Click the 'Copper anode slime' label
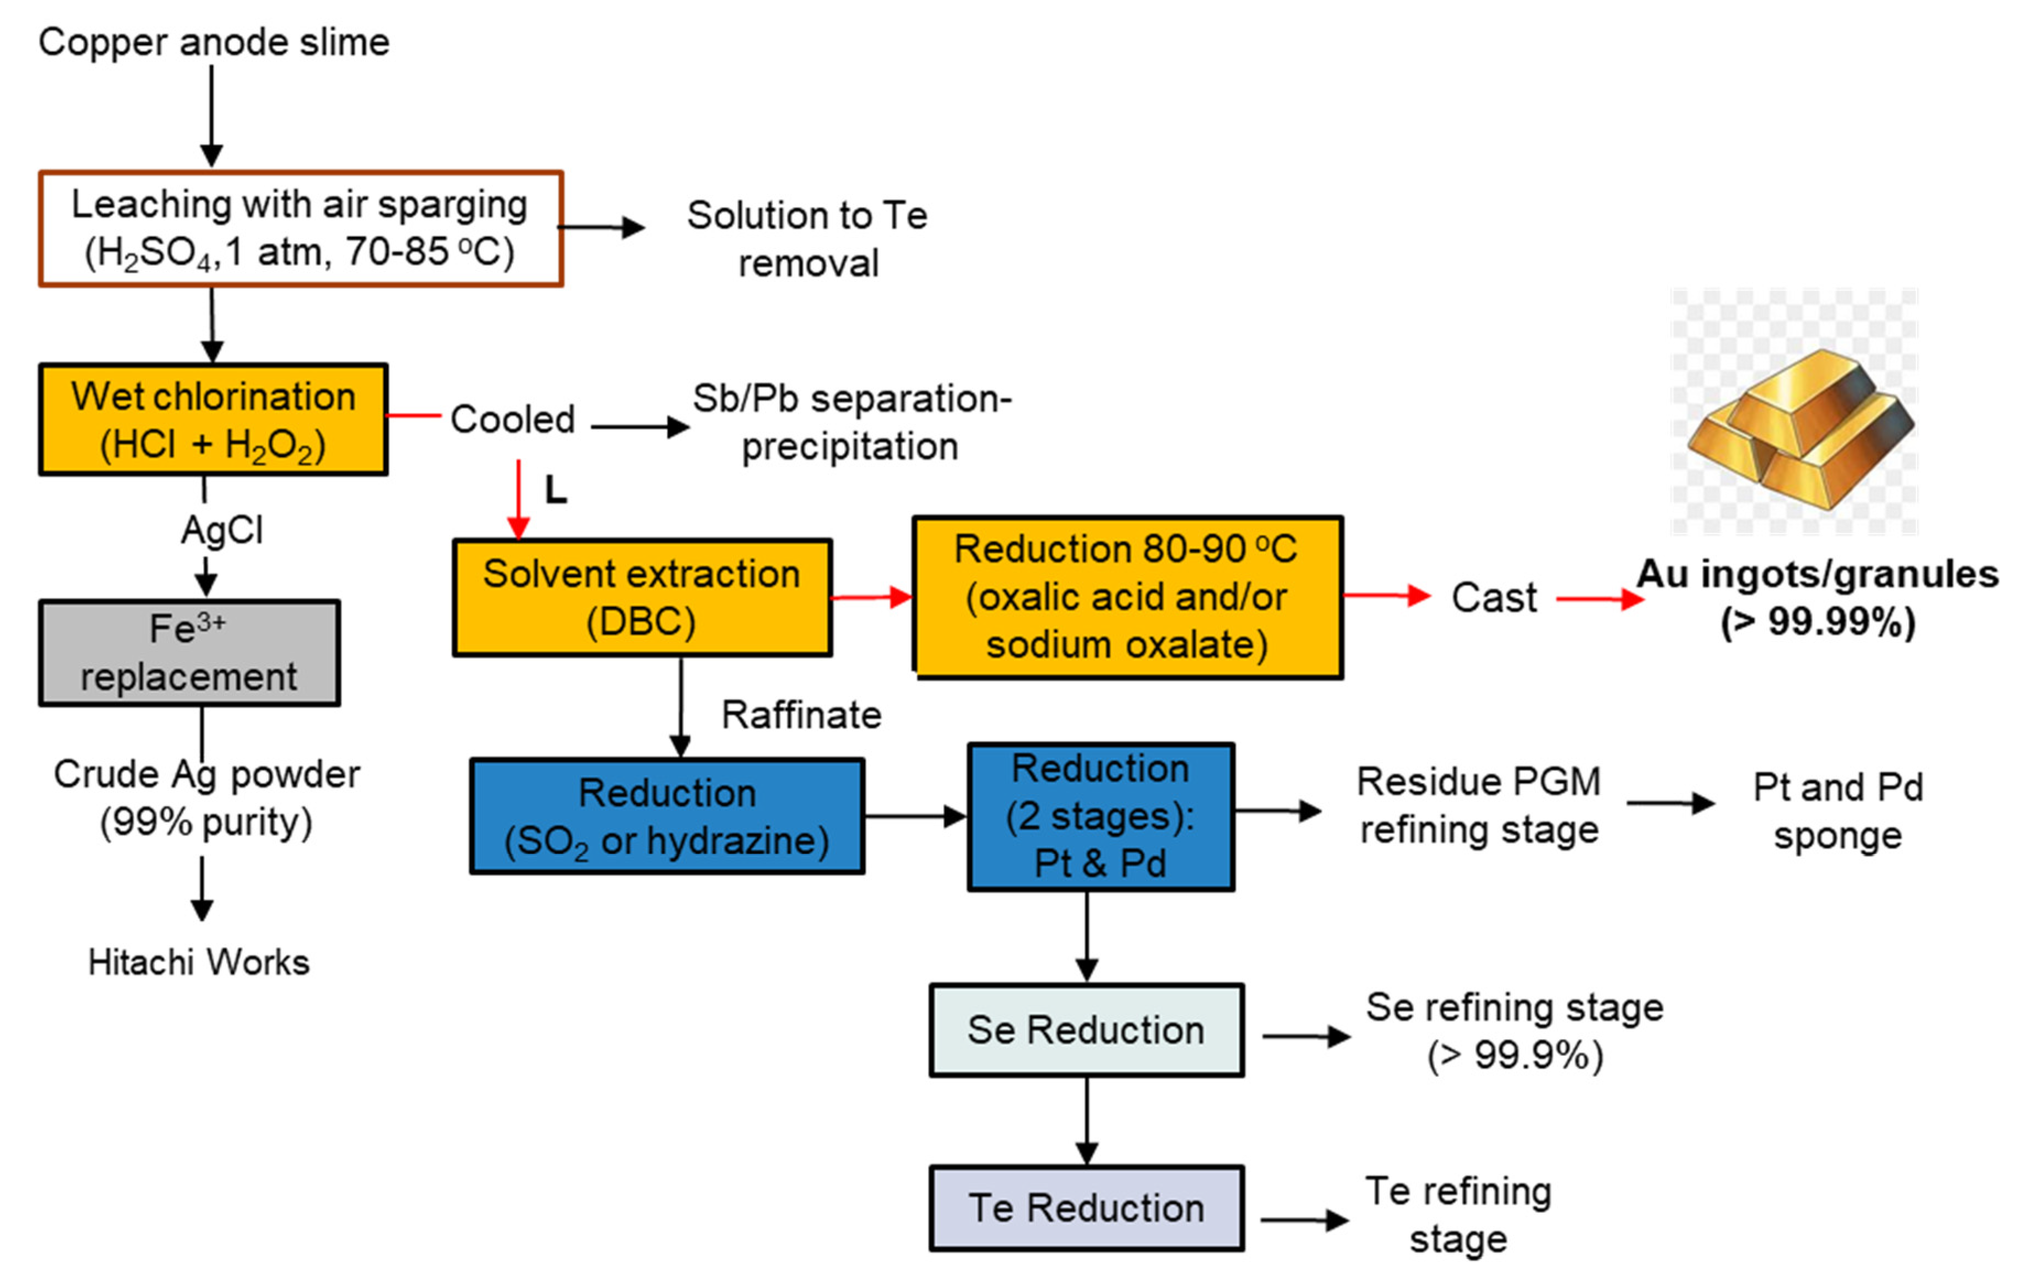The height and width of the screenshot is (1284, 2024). [x=214, y=42]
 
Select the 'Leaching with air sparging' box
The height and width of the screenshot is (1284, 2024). [x=300, y=229]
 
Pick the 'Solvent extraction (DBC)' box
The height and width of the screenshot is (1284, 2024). [x=642, y=597]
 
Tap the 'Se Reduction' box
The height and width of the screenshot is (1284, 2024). [x=1086, y=1030]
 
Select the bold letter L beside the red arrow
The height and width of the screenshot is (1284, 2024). [x=556, y=489]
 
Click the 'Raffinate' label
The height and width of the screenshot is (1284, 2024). [x=801, y=715]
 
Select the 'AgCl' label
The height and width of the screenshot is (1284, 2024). [x=222, y=530]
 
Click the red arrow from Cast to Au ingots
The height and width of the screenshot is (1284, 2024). [x=1599, y=600]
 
